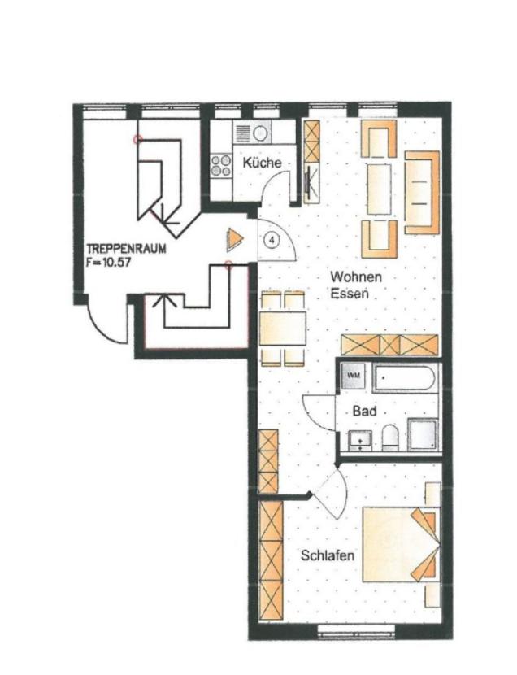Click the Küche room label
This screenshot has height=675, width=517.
(262, 163)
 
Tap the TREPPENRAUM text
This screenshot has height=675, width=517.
(127, 249)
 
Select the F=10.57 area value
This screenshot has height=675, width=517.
(108, 263)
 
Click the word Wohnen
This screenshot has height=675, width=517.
(356, 277)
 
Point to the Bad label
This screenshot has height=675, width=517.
(364, 412)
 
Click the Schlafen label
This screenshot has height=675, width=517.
(328, 555)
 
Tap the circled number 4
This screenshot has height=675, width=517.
(272, 239)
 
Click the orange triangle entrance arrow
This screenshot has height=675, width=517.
(234, 239)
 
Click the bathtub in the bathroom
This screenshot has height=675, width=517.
(404, 378)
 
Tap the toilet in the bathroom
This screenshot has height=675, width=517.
(390, 438)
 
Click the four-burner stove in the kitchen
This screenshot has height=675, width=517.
(221, 166)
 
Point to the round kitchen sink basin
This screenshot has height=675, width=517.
(260, 134)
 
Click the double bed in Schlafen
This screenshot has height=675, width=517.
(401, 545)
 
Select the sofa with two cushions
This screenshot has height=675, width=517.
(422, 193)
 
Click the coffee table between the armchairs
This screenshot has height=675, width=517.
(379, 189)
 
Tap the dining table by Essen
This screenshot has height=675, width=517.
(283, 328)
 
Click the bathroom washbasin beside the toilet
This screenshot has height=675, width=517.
(359, 441)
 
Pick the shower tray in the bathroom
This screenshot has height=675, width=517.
(423, 434)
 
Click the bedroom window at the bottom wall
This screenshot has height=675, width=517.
(356, 633)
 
